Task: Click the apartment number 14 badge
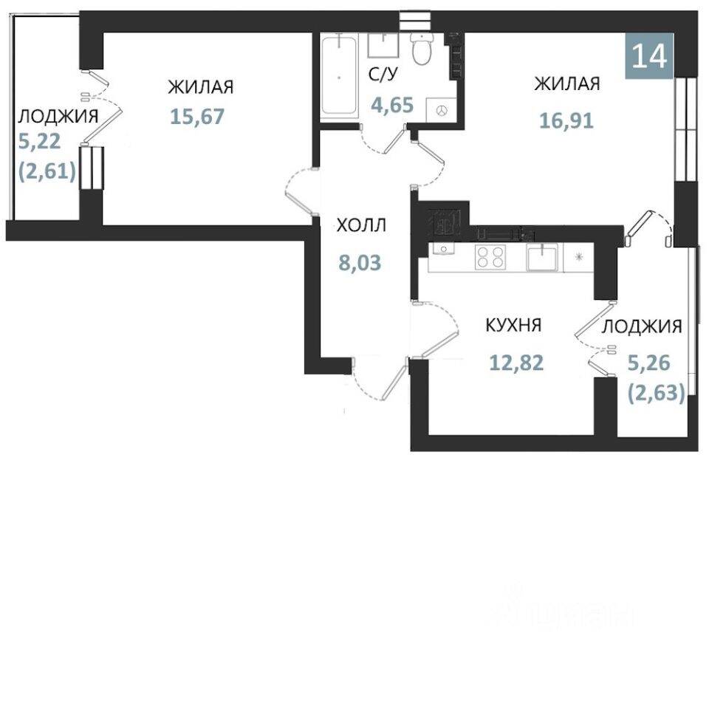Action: click(649, 56)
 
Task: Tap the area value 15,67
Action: click(197, 117)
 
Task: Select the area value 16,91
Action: click(566, 120)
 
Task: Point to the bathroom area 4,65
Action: click(392, 105)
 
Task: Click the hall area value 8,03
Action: click(360, 263)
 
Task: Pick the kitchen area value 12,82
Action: click(516, 362)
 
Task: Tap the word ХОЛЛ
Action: click(361, 225)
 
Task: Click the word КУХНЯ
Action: click(513, 325)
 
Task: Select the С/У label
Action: click(383, 74)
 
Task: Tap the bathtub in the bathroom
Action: click(339, 77)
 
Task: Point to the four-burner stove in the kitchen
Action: click(490, 257)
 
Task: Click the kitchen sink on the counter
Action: click(541, 256)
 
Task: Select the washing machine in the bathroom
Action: click(442, 110)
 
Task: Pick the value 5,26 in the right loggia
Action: click(649, 363)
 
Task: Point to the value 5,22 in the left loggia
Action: click(39, 142)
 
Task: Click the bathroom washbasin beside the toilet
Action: click(383, 45)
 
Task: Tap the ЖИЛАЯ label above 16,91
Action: click(567, 83)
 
